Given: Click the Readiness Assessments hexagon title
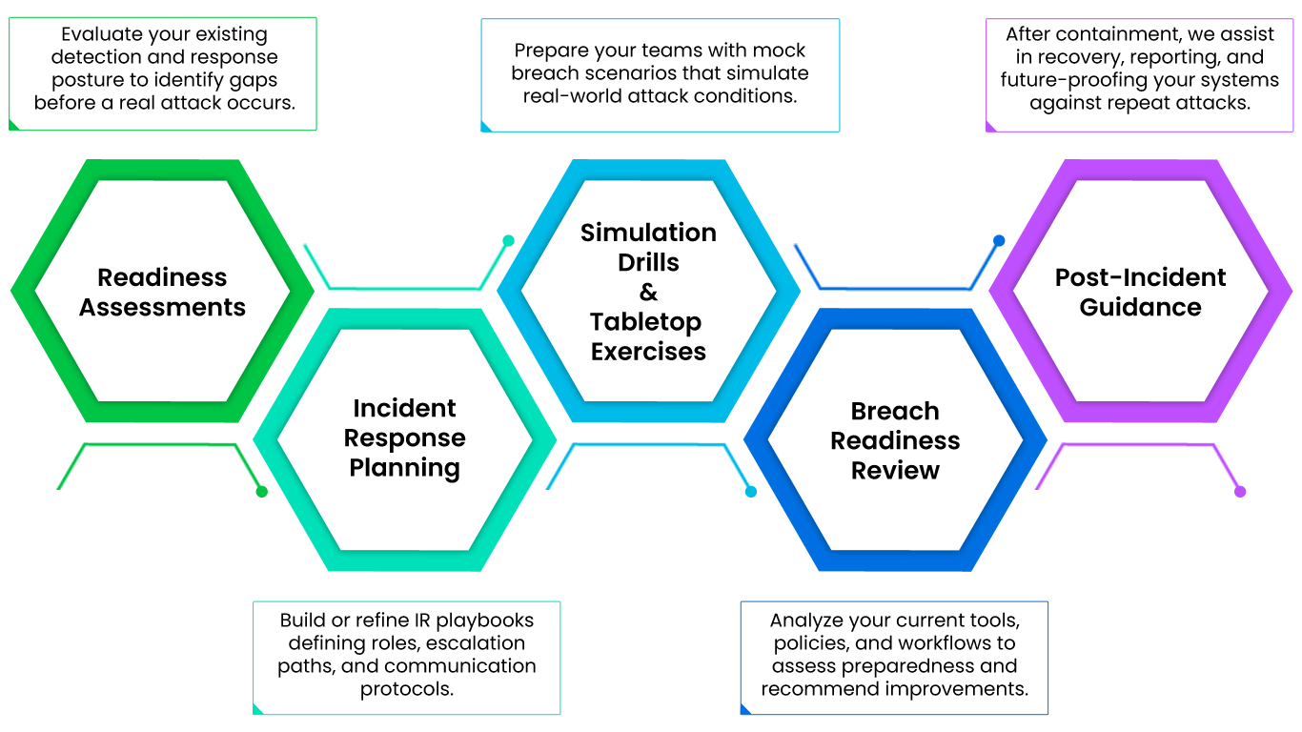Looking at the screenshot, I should pos(162,293).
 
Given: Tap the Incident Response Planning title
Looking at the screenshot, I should pos(405,438).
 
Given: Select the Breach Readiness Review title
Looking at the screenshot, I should pos(895,440).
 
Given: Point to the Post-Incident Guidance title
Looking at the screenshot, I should pos(1140,293).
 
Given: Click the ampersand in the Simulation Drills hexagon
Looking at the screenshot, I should pos(648,293).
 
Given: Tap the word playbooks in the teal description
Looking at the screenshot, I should pos(486,620).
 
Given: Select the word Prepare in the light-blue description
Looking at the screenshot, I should pos(548,51).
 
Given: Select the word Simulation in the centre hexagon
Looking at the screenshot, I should pos(648,233).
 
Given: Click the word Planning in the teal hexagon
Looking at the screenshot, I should pos(405,468).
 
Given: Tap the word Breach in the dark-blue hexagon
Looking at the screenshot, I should pos(895,411).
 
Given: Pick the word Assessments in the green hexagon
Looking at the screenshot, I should pos(162,308).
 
